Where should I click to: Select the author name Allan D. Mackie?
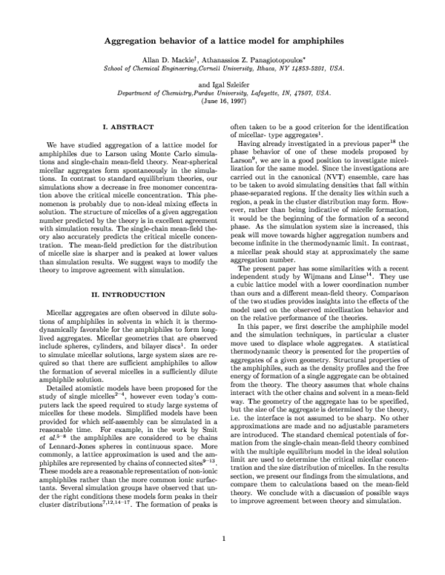pyautogui.click(x=160, y=57)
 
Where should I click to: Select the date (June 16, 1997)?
pyautogui.click(x=222, y=102)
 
